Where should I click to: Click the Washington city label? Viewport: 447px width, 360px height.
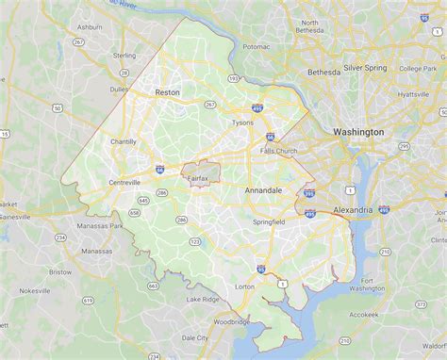tap(358, 132)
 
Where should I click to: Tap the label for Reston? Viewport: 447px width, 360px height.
tap(167, 92)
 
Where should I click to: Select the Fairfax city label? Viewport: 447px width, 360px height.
tap(198, 177)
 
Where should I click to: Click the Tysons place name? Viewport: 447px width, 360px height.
tap(242, 123)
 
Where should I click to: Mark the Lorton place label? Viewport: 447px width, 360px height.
tap(244, 286)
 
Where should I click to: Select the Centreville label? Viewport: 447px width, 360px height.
tap(124, 182)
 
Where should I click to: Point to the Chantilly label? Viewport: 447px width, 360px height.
tap(124, 141)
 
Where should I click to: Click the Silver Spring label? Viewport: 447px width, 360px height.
tap(366, 68)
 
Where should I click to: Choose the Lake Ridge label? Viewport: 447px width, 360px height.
tap(202, 299)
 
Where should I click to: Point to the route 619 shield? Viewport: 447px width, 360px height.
tap(88, 300)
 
